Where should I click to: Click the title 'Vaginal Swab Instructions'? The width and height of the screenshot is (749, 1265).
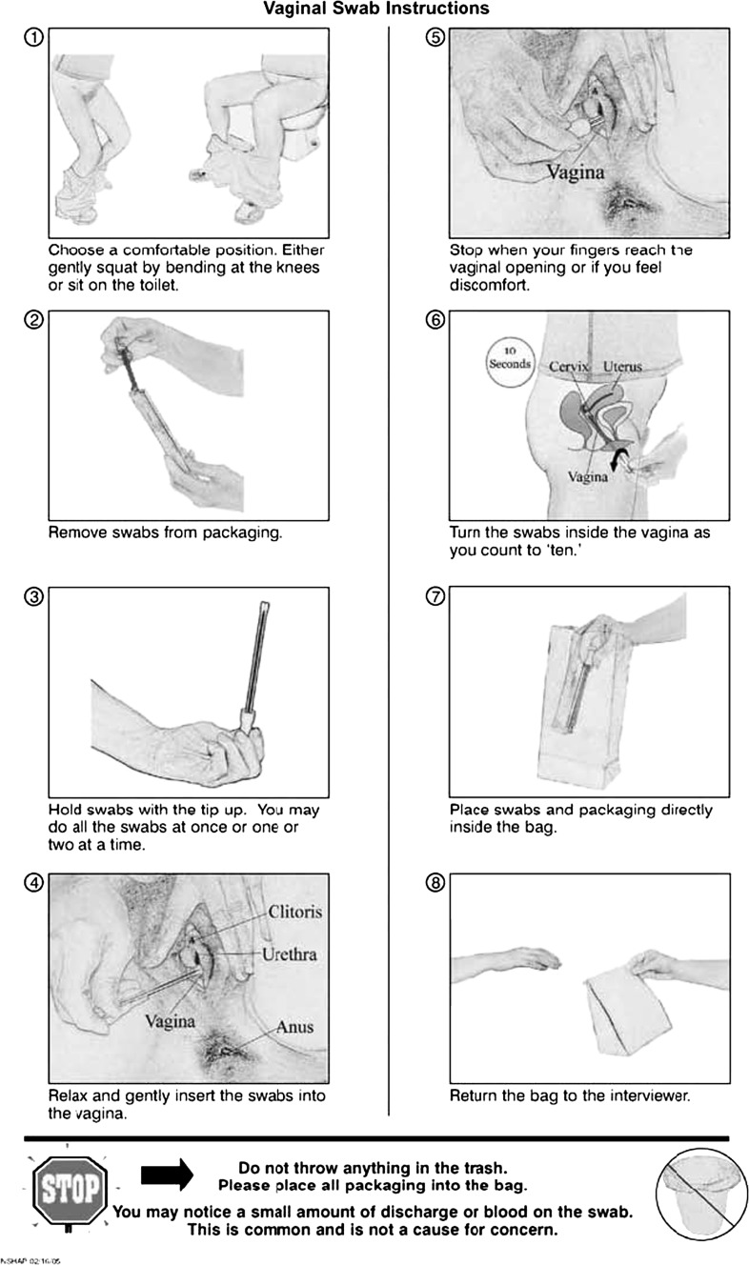click(x=375, y=10)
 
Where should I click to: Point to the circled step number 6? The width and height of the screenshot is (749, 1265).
click(x=435, y=320)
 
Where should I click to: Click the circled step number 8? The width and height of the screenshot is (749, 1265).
click(x=435, y=883)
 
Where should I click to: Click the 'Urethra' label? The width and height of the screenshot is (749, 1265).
click(x=291, y=953)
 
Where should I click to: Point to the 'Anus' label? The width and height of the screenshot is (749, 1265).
click(x=294, y=1027)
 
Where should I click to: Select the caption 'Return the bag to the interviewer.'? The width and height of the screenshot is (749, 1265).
click(x=569, y=1096)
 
